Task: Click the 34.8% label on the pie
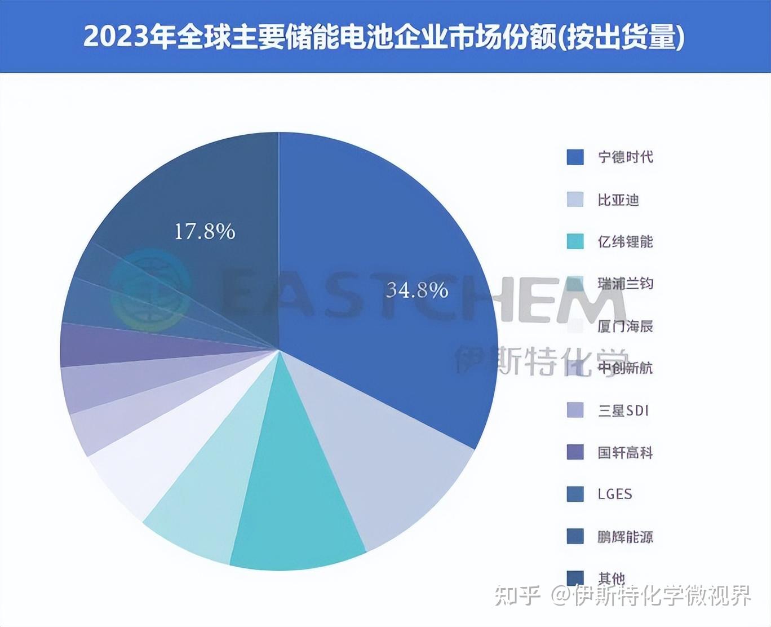(417, 290)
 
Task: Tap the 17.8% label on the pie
(204, 231)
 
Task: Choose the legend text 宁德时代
(625, 157)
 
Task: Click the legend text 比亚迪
(618, 200)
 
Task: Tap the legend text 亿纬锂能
(625, 242)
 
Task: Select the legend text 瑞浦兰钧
(625, 284)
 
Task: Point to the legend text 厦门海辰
(625, 326)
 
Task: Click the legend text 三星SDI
(623, 410)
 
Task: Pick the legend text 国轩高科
(625, 452)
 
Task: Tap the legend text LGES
(615, 494)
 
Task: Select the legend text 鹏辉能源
(625, 537)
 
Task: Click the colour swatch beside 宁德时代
(575, 157)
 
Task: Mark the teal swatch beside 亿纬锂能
(575, 241)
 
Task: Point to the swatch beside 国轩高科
(575, 452)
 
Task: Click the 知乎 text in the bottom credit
(517, 595)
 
